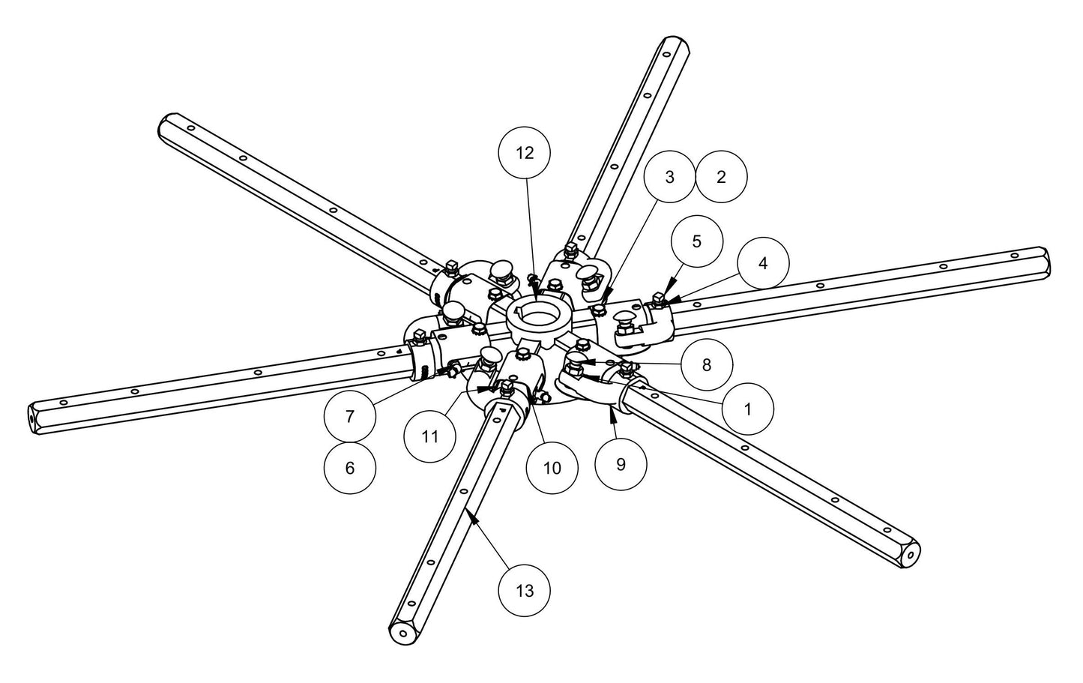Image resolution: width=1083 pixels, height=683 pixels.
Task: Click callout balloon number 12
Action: coord(525,153)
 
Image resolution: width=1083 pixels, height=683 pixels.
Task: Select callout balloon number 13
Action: coord(525,591)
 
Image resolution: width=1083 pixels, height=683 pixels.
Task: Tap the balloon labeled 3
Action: coord(669,177)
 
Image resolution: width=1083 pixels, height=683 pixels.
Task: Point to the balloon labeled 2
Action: coord(721,177)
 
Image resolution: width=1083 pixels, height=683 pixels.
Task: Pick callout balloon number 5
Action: coord(696,241)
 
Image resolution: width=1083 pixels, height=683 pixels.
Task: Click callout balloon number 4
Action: coord(763,263)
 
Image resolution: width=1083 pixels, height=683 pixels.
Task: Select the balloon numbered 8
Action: coord(706,365)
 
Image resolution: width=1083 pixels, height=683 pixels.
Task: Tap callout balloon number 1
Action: coord(747,409)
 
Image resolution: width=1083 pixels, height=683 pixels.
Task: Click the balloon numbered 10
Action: coord(551,468)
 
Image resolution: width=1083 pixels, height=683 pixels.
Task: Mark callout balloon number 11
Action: coord(429,436)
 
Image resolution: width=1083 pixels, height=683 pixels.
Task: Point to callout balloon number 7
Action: coord(350,415)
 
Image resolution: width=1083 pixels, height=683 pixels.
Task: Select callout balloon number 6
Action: coord(350,468)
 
